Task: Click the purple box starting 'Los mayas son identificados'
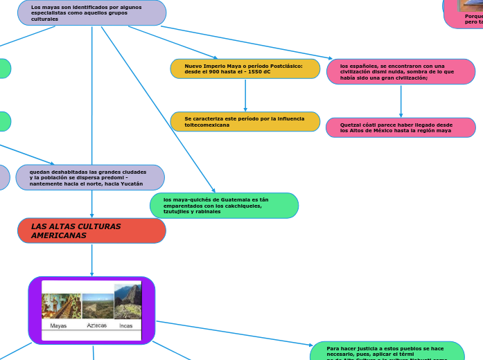[x=91, y=12]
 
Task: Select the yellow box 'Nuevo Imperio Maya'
[x=245, y=69]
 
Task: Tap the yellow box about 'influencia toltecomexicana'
[x=245, y=122]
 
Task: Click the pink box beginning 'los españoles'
[x=401, y=72]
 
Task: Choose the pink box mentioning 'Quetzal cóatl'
[x=401, y=127]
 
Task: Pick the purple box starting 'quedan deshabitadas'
[x=90, y=178]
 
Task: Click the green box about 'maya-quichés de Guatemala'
[x=224, y=206]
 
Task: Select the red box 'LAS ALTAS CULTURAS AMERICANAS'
[x=91, y=231]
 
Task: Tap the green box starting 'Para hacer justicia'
[x=387, y=352]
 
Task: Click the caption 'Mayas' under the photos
[x=59, y=325]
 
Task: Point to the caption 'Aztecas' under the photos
[x=97, y=325]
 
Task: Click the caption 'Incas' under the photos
[x=126, y=325]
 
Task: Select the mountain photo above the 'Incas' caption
[x=128, y=300]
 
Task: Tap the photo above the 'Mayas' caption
[x=61, y=305]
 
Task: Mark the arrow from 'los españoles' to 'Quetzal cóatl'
[x=401, y=101]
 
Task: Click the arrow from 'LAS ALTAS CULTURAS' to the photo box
[x=91, y=260]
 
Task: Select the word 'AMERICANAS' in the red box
[x=59, y=236]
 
